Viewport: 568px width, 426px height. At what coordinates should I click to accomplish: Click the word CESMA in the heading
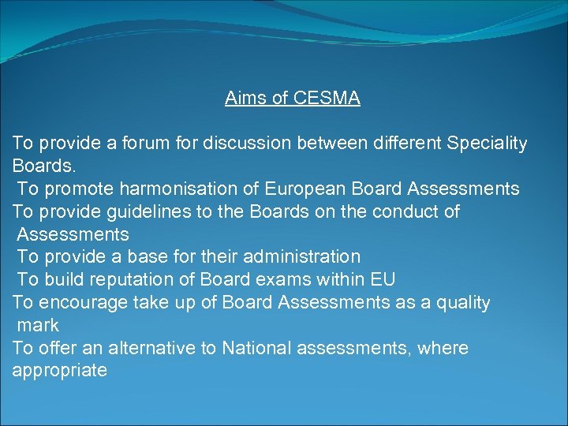tap(327, 98)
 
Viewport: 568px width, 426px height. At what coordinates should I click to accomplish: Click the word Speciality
tap(487, 144)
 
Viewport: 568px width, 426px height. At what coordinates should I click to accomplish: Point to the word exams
tap(307, 280)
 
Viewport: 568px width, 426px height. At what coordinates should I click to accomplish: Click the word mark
tap(37, 325)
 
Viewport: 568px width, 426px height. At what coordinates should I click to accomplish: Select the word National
tap(259, 348)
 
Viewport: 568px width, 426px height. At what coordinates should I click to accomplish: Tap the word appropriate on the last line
tap(59, 371)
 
